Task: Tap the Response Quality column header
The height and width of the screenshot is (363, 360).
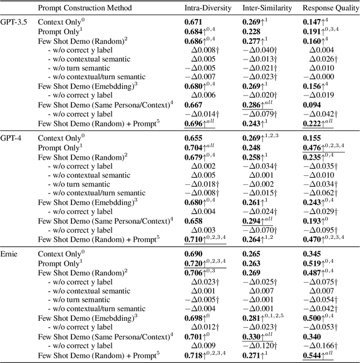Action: pos(329,8)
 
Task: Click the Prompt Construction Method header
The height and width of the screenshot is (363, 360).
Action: pos(84,8)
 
